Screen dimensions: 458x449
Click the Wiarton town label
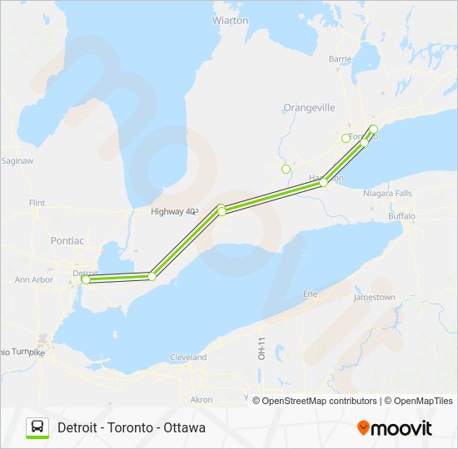tap(230, 20)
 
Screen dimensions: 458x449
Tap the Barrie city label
tap(340, 59)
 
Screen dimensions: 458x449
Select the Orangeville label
tap(309, 108)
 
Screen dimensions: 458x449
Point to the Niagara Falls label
tap(388, 193)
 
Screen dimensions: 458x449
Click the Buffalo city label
tap(401, 216)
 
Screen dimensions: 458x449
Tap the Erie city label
tap(311, 294)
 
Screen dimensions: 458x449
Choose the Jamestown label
tap(374, 297)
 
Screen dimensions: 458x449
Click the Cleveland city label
tap(188, 358)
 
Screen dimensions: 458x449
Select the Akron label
tap(202, 400)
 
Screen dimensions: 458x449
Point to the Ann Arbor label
tap(34, 280)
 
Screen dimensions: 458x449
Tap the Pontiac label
tap(67, 240)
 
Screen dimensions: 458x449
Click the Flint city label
tap(37, 203)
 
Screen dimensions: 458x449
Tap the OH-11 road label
tap(261, 348)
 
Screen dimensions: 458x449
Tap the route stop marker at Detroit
tap(85, 280)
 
